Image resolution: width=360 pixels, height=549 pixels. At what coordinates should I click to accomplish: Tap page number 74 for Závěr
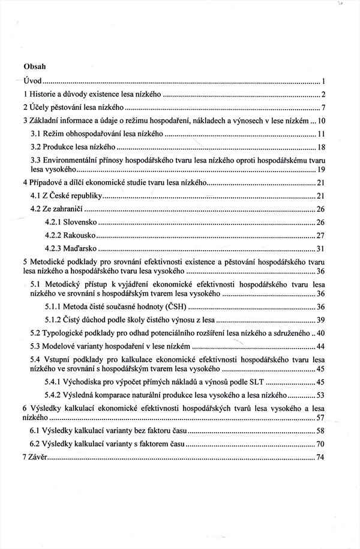[x=320, y=458]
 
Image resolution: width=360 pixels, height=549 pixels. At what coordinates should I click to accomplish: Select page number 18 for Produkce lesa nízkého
[x=320, y=147]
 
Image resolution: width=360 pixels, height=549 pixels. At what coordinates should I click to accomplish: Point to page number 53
[x=320, y=395]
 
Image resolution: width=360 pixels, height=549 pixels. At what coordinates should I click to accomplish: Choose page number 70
[x=320, y=444]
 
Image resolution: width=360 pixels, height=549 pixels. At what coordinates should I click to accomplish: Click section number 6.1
[x=36, y=431]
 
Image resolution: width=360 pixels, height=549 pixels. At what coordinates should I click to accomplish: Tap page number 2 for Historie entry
[x=322, y=95]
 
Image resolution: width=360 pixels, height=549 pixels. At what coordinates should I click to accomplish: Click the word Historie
[x=41, y=95]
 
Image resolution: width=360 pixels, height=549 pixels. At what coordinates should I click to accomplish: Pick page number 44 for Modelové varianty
[x=320, y=346]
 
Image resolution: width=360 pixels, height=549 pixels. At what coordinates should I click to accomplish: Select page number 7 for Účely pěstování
[x=322, y=108]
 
